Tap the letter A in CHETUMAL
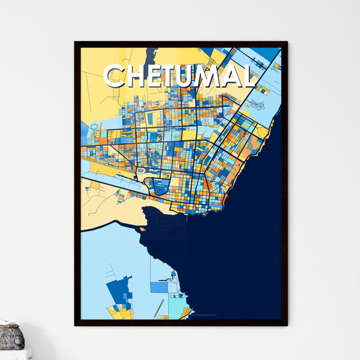[x=236, y=76]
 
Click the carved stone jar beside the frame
[x=11, y=337]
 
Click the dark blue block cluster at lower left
[x=120, y=290]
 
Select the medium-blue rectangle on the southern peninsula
[x=159, y=287]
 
